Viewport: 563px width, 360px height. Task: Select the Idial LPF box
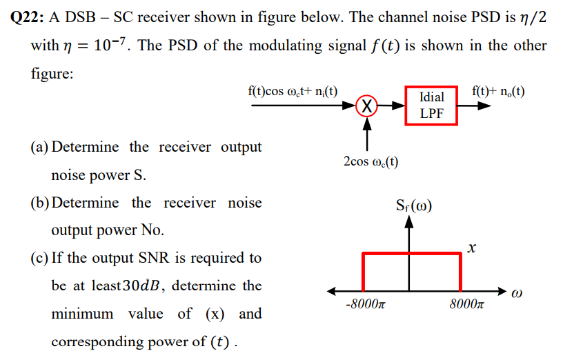(431, 105)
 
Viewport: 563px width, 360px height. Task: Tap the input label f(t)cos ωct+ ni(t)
(293, 91)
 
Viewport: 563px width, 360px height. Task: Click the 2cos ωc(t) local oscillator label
(370, 161)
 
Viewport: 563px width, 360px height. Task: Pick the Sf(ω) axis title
(413, 206)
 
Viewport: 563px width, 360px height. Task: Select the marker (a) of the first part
(40, 147)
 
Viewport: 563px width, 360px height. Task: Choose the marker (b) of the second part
(40, 203)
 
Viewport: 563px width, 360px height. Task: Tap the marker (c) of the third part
(40, 258)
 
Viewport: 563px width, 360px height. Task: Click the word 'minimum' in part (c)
(83, 314)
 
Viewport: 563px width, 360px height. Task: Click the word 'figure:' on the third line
(52, 74)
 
